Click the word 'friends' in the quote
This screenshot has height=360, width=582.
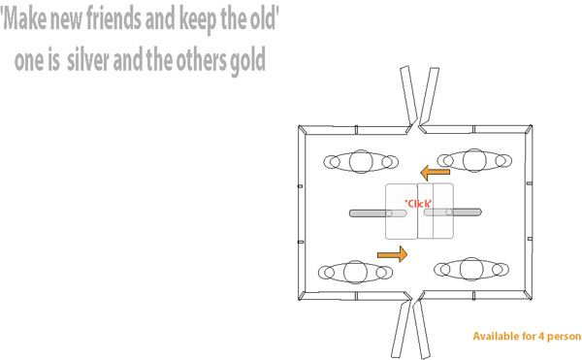114,18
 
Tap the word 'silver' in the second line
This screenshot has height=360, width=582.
88,59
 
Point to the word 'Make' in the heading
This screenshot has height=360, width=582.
24,18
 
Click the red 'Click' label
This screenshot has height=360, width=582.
418,204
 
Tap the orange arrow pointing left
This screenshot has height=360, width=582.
435,173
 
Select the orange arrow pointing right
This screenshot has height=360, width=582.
392,254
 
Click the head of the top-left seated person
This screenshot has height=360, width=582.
361,161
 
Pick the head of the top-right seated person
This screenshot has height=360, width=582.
474,160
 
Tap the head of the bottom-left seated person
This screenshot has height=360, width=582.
355,272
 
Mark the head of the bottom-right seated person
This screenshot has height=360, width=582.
471,269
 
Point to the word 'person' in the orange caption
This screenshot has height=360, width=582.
565,337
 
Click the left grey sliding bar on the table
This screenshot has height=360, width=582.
378,213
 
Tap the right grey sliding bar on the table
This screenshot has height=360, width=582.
453,213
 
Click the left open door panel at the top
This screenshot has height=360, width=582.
409,96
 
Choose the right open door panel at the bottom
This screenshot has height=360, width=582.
422,328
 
